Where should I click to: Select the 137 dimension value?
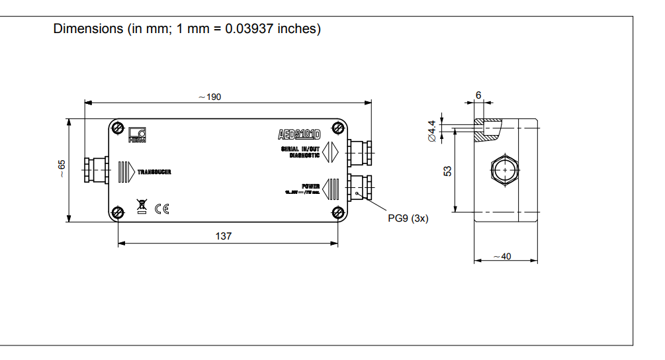tap(224, 236)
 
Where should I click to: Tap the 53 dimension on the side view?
tap(447, 170)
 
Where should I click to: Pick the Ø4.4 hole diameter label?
tap(432, 130)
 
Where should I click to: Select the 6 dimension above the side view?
tap(478, 95)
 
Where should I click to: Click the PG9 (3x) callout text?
tap(408, 218)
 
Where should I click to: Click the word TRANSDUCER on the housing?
tap(155, 172)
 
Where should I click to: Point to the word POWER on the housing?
tap(311, 186)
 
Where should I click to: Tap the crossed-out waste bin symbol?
tap(142, 207)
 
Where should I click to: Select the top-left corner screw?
tap(118, 127)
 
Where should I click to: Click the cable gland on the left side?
tap(95, 171)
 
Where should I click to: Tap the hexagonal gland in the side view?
tap(505, 170)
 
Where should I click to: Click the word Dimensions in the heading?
tap(88, 29)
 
